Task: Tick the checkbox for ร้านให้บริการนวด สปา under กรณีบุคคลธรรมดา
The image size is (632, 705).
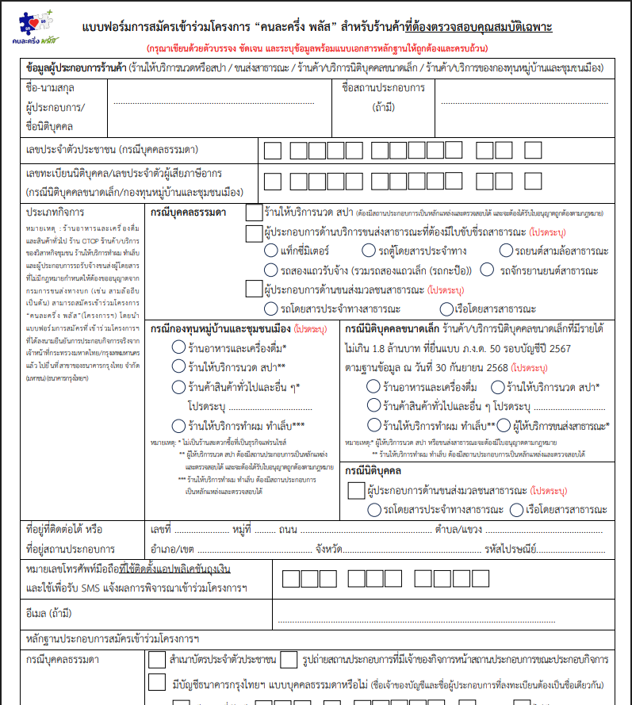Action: pos(254,212)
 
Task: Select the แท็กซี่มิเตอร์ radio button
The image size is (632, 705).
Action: pos(270,251)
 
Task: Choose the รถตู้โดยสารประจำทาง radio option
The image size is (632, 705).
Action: pos(367,251)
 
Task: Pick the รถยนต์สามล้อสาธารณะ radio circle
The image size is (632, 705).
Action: pos(508,251)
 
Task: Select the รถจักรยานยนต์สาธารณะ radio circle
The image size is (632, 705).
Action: pos(485,270)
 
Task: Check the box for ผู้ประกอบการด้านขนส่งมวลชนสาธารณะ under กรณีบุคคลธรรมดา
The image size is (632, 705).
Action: pos(254,289)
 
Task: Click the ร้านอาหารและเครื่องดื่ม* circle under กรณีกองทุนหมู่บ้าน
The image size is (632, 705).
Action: pos(178,347)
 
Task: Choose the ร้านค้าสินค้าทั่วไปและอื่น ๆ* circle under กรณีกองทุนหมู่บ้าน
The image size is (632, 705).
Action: pos(178,386)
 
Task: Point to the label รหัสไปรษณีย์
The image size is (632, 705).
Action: pos(508,548)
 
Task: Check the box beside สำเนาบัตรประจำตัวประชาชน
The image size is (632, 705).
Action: pos(156,659)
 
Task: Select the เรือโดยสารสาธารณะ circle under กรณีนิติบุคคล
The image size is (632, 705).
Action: pos(517,510)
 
